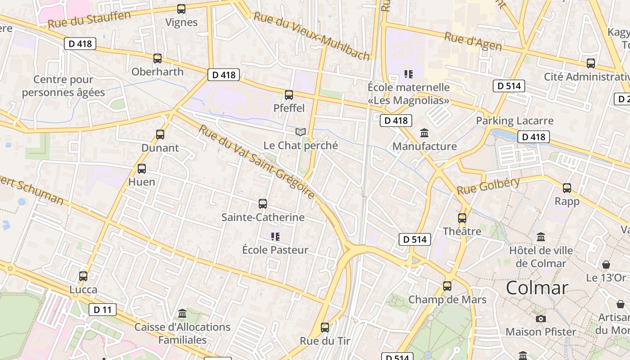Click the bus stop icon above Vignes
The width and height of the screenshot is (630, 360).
(x=181, y=9)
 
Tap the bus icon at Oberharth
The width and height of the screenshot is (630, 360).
(x=157, y=58)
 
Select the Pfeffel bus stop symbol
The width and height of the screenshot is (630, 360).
(x=289, y=95)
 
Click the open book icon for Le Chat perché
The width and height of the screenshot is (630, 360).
(x=301, y=132)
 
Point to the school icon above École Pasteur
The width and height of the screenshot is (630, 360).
(x=275, y=236)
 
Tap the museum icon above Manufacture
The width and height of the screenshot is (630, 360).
(x=424, y=133)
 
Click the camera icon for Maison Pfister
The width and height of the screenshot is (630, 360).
(x=541, y=319)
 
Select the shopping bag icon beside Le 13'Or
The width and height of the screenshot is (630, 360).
(x=606, y=264)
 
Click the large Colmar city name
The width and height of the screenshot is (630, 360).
(x=537, y=288)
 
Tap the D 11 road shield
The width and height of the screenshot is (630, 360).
(x=103, y=310)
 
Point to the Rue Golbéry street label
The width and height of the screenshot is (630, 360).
(x=488, y=186)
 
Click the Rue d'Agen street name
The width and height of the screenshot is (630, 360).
(x=472, y=42)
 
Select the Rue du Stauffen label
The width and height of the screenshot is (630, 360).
(x=89, y=19)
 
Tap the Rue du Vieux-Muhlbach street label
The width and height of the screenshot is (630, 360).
(x=312, y=36)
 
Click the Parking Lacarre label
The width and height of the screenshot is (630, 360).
(x=514, y=121)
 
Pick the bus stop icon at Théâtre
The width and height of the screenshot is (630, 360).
(x=462, y=218)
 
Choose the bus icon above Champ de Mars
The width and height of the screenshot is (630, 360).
(x=447, y=286)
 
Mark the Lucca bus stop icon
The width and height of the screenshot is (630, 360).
(x=83, y=276)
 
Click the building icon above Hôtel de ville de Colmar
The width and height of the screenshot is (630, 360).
(x=541, y=237)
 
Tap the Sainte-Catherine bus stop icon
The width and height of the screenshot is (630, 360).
(x=263, y=204)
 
